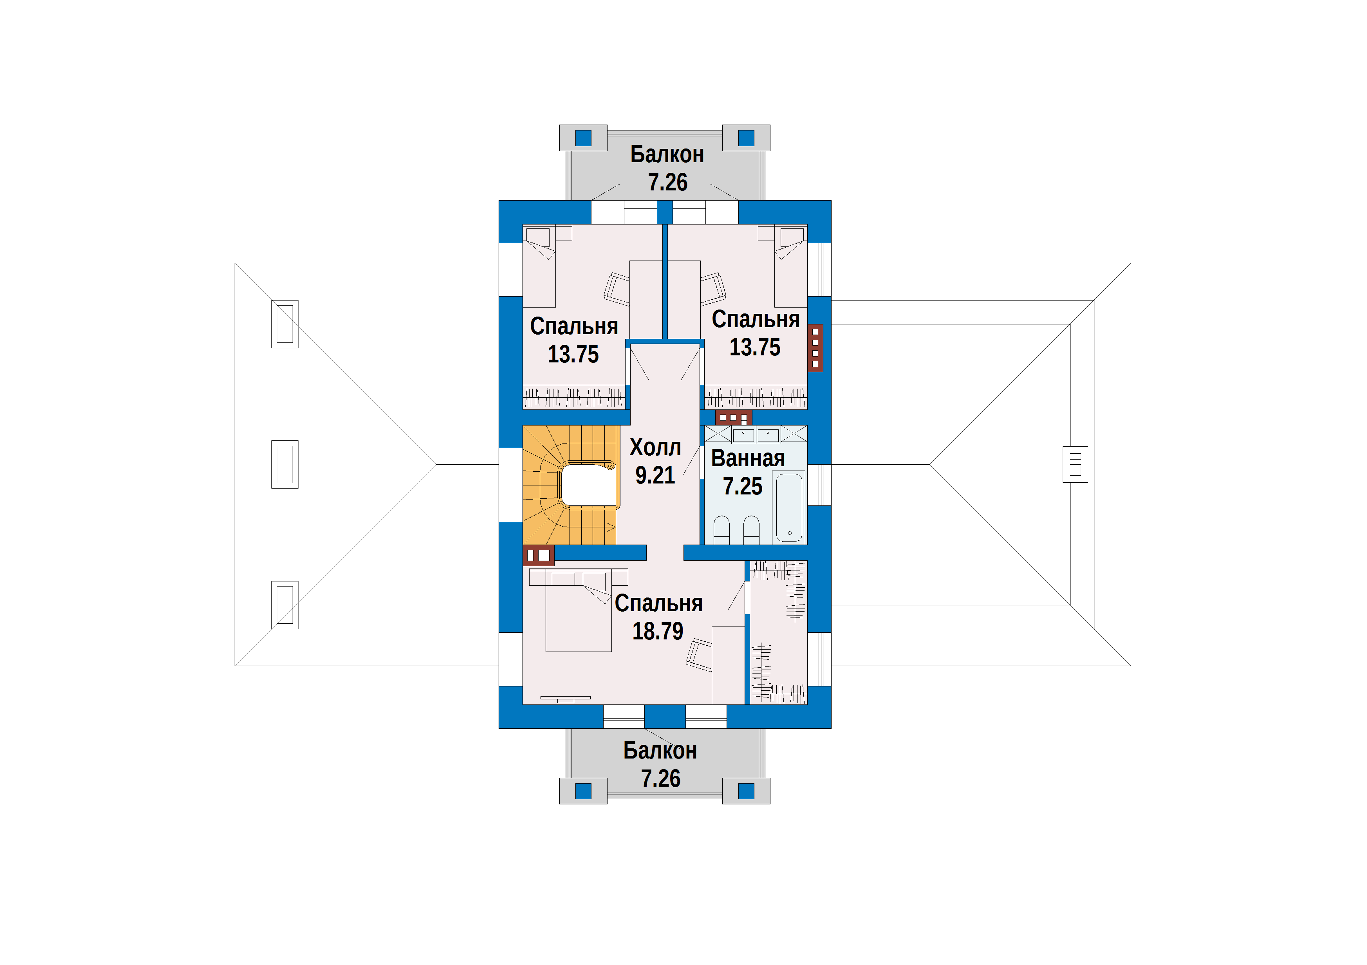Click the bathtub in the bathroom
pyautogui.click(x=789, y=507)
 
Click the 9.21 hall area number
pyautogui.click(x=655, y=475)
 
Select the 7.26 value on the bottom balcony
pyautogui.click(x=660, y=779)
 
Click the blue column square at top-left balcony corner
pyautogui.click(x=584, y=138)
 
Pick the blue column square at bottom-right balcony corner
pyautogui.click(x=746, y=791)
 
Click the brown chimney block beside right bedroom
pyautogui.click(x=815, y=348)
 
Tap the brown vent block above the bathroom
pyautogui.click(x=734, y=417)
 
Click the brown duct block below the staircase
pyautogui.click(x=539, y=555)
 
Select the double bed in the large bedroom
pyautogui.click(x=578, y=610)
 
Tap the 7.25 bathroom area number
pyautogui.click(x=742, y=487)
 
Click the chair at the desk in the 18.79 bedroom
pyautogui.click(x=700, y=655)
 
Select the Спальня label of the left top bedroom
pyautogui.click(x=574, y=326)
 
